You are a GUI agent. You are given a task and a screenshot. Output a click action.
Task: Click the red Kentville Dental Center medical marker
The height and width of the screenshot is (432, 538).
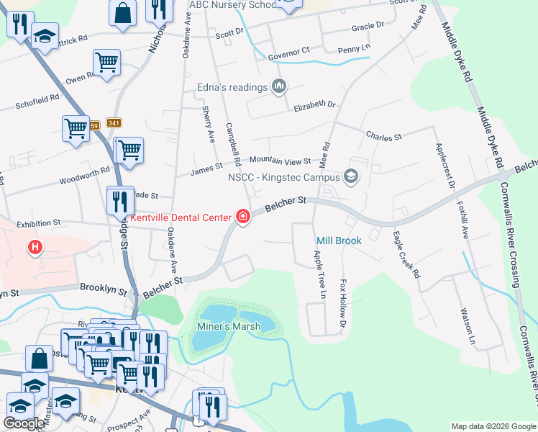[x=243, y=217]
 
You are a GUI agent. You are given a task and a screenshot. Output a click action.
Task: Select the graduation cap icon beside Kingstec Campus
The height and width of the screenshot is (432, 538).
[x=351, y=176]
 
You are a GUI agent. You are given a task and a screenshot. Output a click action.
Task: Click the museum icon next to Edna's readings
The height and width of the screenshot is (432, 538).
[x=279, y=88]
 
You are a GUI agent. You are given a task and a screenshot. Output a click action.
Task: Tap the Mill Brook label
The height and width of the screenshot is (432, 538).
[x=339, y=240]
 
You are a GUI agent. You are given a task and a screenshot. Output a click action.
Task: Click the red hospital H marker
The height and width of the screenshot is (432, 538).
[x=34, y=249]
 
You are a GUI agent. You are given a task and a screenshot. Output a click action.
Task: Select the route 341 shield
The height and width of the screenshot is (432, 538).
[x=113, y=123]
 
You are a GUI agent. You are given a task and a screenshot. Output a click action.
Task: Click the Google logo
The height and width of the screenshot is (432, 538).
[x=23, y=423]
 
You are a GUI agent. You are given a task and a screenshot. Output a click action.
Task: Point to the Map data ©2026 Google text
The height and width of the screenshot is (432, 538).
[x=493, y=426]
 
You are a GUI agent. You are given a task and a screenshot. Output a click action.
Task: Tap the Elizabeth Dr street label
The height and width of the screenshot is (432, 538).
[x=314, y=106]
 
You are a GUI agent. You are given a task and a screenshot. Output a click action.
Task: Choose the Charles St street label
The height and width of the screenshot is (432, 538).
[x=383, y=135]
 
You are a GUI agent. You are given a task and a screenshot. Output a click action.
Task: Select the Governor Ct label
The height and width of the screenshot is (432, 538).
[x=288, y=52]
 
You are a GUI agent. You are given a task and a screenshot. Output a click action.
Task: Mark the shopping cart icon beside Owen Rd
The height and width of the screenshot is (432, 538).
[x=106, y=63]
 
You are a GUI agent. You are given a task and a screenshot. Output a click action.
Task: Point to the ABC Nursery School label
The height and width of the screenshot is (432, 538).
[x=232, y=5]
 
